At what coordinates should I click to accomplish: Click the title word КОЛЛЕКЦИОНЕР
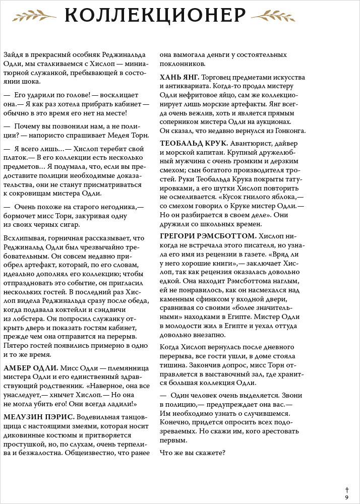(x=155, y=16)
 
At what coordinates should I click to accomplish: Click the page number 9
(x=346, y=497)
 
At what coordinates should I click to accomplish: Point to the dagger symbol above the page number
(x=346, y=489)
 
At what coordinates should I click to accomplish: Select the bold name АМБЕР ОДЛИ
(x=31, y=368)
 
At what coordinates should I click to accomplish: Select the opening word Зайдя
(x=13, y=54)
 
